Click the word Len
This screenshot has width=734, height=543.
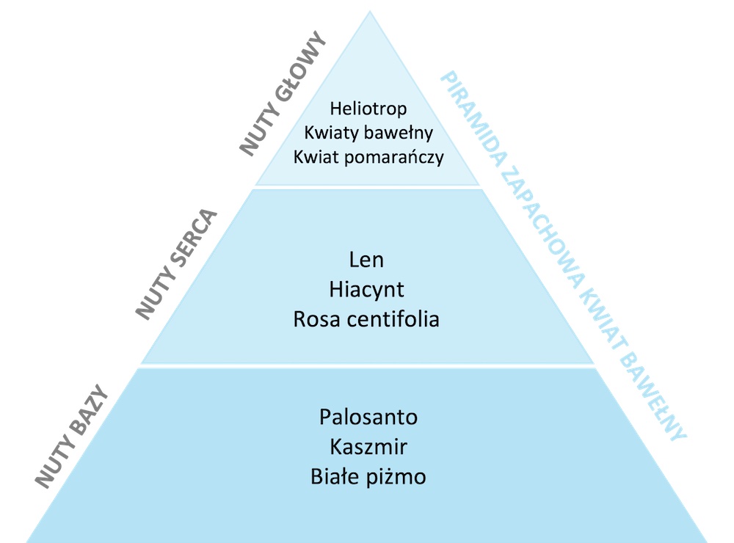coord(367,260)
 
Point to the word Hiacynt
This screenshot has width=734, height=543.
coord(367,289)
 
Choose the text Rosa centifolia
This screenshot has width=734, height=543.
coord(367,319)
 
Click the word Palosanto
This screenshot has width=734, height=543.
coord(368,417)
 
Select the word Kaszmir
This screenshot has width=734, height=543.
coord(368,446)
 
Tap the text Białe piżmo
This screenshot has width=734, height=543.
coord(368,476)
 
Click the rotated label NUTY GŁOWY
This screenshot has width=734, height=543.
coord(282,93)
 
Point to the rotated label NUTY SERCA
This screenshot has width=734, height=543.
coord(177,264)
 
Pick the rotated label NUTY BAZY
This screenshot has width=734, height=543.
coord(72,436)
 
